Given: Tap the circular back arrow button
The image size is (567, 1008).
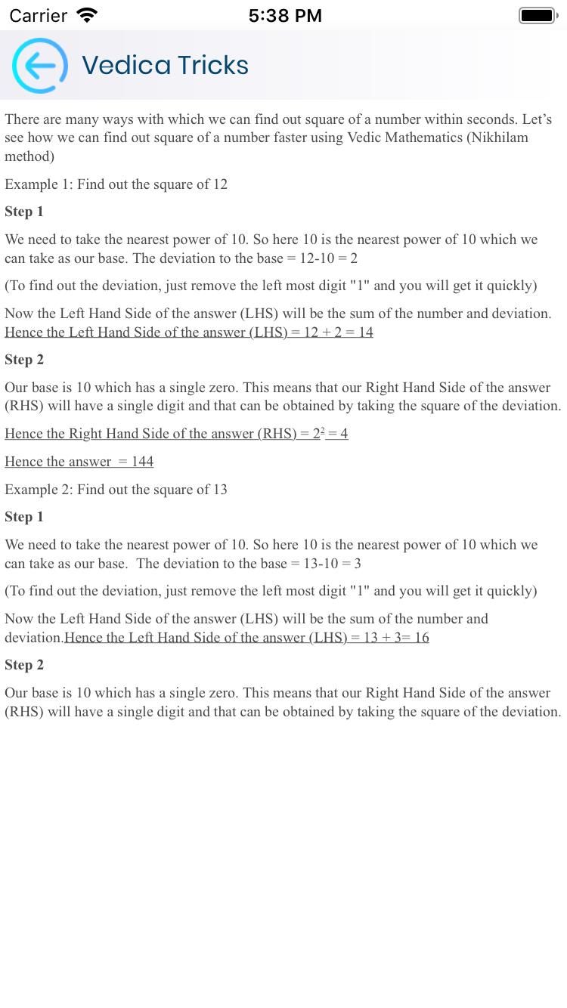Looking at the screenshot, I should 39,66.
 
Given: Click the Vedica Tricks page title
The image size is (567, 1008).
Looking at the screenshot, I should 165,66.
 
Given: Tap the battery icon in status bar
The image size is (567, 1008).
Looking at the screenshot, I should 538,15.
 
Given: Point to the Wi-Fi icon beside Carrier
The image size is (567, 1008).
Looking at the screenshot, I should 88,15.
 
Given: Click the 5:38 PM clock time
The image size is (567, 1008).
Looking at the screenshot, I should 285,16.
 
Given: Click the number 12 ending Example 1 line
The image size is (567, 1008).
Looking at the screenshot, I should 219,184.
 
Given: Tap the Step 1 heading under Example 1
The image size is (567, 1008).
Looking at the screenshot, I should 24,212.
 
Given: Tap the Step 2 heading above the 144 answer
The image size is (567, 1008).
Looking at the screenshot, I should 24,360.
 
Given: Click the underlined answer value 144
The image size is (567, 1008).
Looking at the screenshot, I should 142,462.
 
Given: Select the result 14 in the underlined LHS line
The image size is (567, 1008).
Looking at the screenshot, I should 365,332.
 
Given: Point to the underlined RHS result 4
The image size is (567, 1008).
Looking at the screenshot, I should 343,434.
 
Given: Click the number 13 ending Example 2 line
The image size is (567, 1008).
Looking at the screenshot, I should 219,490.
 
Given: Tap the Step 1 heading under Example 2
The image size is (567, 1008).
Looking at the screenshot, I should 24,517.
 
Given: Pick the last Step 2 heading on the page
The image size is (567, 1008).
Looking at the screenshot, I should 24,665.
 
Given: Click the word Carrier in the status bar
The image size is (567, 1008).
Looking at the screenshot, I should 38,16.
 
